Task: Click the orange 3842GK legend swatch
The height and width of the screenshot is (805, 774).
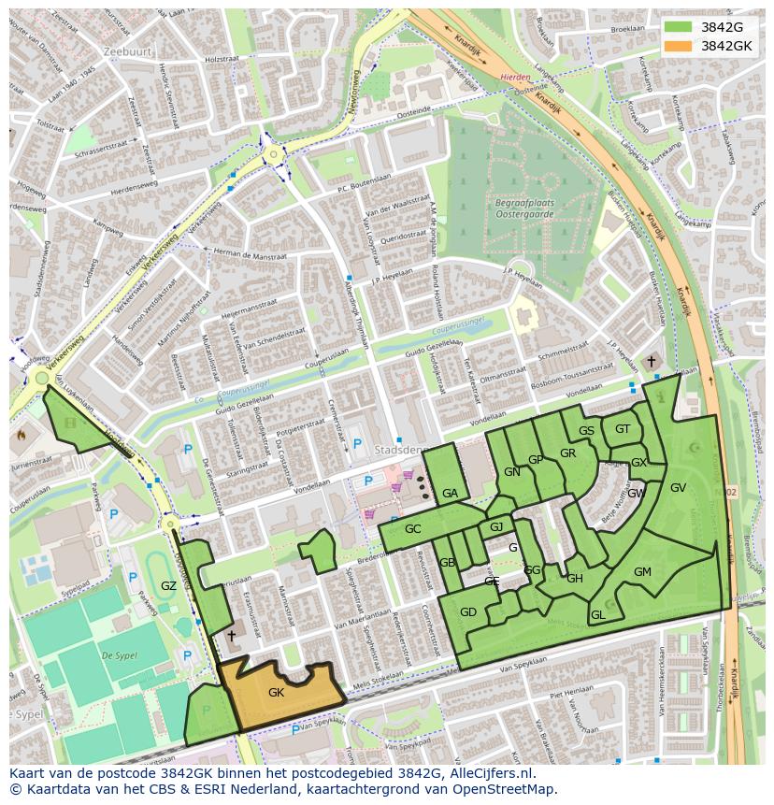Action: [680, 46]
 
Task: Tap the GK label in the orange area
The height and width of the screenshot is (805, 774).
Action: [276, 693]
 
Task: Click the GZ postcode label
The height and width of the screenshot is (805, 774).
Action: [168, 586]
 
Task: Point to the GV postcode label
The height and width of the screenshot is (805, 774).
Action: [679, 488]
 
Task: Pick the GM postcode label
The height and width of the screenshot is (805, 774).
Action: [642, 572]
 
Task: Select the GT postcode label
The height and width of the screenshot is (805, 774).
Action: [623, 429]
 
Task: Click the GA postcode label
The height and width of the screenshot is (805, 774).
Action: [450, 494]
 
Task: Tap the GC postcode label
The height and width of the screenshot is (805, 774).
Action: [413, 529]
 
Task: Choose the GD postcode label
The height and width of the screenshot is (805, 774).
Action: [468, 612]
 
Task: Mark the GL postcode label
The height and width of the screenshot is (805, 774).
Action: [598, 615]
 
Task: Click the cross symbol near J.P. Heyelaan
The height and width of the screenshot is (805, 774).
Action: [652, 361]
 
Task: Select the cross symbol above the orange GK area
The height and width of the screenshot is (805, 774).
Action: [231, 635]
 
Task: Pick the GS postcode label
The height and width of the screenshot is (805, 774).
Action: [586, 431]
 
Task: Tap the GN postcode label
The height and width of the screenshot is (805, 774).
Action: [511, 472]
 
